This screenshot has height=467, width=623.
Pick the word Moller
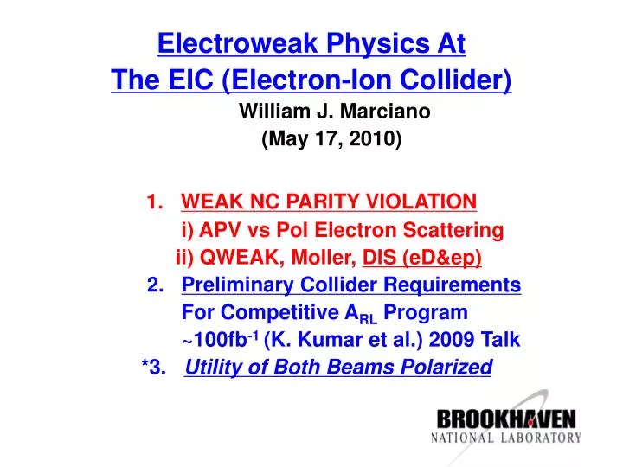pyautogui.click(x=327, y=257)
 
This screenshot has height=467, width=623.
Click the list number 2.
pyautogui.click(x=156, y=285)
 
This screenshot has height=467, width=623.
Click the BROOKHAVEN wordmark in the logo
pyautogui.click(x=506, y=420)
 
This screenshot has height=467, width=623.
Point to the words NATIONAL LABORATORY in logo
pyautogui.click(x=506, y=438)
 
